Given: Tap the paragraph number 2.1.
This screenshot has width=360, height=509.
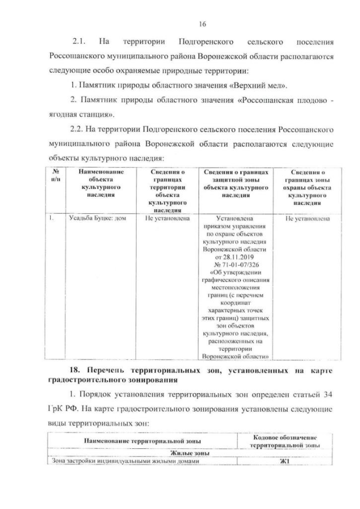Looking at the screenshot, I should pyautogui.click(x=79, y=42).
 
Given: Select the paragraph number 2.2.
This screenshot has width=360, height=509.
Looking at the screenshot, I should pyautogui.click(x=79, y=129).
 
